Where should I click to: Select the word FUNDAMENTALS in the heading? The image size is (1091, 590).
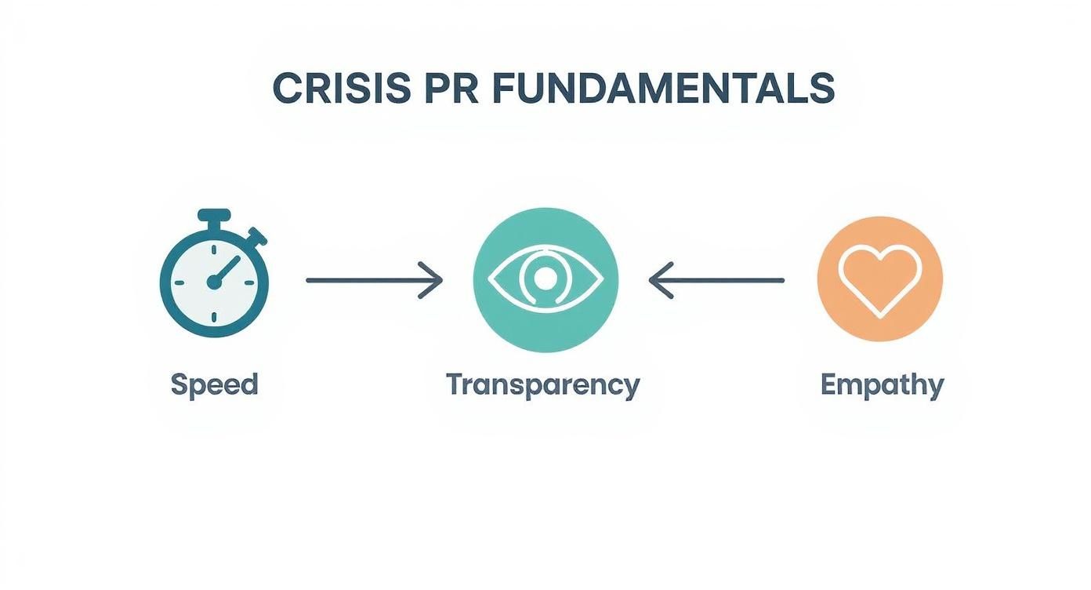[663, 89]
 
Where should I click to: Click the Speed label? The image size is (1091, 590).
[214, 384]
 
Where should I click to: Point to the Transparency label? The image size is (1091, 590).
[542, 385]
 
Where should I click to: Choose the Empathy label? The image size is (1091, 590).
[882, 385]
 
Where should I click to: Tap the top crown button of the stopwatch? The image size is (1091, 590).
[214, 214]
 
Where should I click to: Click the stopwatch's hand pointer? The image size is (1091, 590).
[223, 271]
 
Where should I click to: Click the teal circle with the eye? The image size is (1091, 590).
[545, 279]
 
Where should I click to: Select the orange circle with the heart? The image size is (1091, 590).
[879, 279]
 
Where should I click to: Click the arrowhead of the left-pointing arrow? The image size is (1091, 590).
[659, 279]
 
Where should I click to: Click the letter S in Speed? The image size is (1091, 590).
[179, 384]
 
